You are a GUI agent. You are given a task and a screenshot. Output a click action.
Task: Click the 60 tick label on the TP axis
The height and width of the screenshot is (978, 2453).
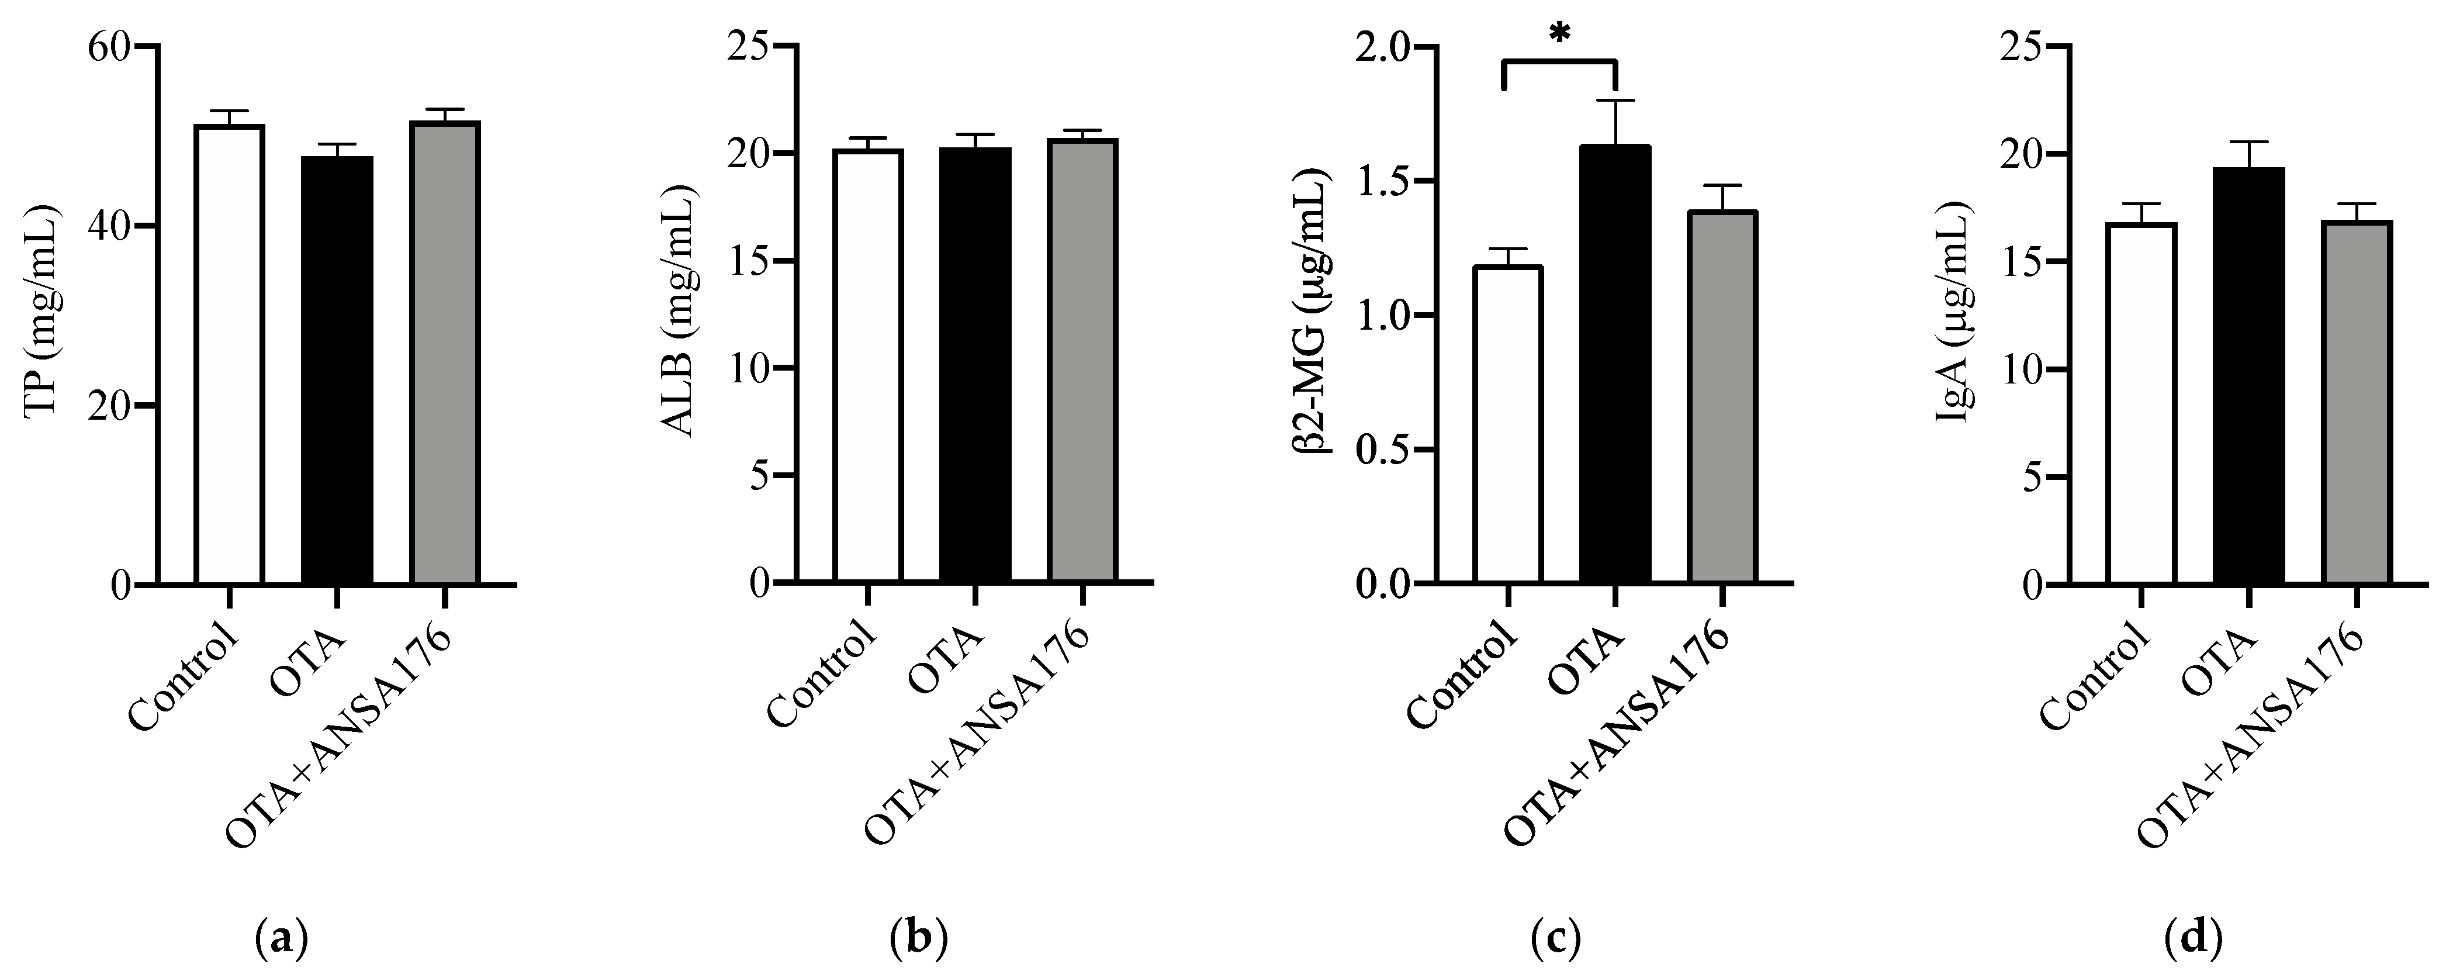click(109, 47)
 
